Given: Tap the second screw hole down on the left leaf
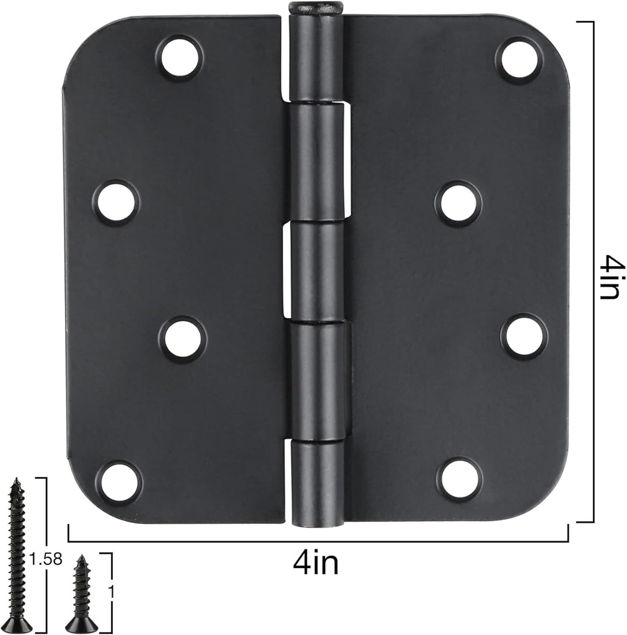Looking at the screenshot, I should pyautogui.click(x=116, y=202).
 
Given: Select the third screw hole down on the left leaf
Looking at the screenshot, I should pyautogui.click(x=182, y=339).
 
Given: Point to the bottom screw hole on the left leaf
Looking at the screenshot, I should pyautogui.click(x=118, y=482).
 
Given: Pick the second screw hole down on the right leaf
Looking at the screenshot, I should pyautogui.click(x=458, y=203).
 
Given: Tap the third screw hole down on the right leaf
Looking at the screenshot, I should pyautogui.click(x=524, y=337).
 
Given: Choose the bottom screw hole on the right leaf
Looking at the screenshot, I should pyautogui.click(x=459, y=478).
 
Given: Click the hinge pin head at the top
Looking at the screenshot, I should pyautogui.click(x=315, y=7).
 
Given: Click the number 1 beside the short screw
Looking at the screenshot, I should pyautogui.click(x=112, y=592).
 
